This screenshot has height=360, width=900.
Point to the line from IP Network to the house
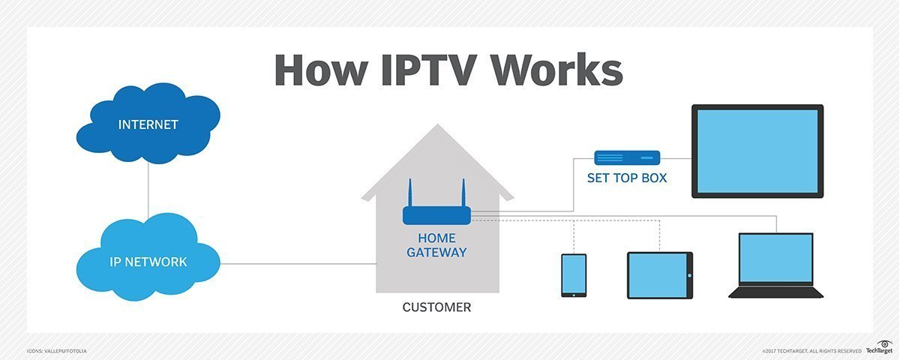coord(300,263)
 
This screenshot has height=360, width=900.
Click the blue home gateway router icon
coord(436,215)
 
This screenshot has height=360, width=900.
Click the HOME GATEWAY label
coord(436,245)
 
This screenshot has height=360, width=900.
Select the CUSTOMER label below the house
coord(436,307)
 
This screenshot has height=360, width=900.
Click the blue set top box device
coord(627,158)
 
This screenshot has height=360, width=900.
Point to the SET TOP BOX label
coord(627,179)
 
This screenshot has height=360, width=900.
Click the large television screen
coord(757,151)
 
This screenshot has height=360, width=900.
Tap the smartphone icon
coord(574,275)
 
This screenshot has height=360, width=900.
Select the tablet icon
coord(659,275)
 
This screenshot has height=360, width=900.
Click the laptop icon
coord(775,265)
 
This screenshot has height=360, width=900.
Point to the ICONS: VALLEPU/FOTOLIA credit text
coord(56,350)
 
